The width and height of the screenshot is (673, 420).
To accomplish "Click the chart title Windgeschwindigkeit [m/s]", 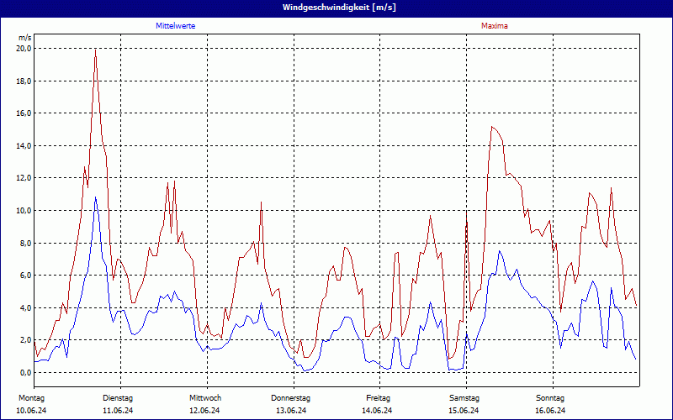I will click(336, 7).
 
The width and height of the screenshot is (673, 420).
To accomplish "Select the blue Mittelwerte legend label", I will click(176, 26).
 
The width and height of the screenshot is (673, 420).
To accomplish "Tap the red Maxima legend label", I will click(495, 26).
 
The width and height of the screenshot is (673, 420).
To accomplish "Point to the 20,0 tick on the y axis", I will click(24, 49).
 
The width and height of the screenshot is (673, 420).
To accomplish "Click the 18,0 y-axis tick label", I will click(24, 81).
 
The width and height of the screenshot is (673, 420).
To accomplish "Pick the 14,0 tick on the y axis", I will click(24, 146).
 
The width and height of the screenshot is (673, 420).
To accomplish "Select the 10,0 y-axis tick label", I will click(24, 211).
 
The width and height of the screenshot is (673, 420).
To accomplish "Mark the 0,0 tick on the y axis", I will click(25, 373).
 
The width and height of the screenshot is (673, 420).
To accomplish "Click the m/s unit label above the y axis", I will click(24, 38).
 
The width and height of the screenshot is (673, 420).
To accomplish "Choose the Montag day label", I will click(31, 397).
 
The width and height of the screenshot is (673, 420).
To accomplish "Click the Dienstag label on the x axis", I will click(118, 397).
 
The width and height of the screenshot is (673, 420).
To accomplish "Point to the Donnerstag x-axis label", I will click(291, 397).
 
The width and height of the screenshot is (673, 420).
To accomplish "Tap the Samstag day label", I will click(464, 397).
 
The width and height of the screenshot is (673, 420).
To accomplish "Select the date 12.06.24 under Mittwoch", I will click(204, 411).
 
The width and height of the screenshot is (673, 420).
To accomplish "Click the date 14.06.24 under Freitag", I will click(378, 411).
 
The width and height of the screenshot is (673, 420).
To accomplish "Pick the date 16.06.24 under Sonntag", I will click(551, 411).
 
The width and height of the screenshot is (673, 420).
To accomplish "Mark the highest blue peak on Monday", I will click(96, 197).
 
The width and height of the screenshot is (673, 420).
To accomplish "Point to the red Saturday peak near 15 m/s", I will click(492, 127).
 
